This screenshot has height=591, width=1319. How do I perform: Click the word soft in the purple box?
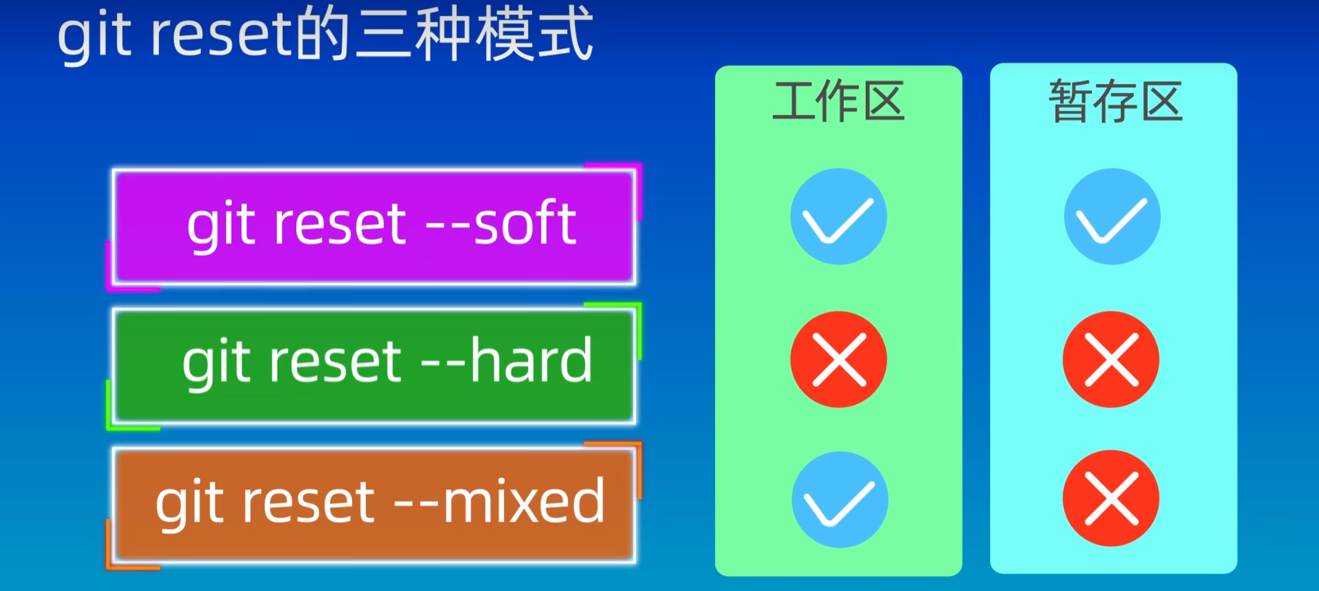pos(525,223)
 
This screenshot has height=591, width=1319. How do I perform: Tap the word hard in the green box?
pos(531,360)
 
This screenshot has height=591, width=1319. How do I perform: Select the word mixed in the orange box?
pos(524,500)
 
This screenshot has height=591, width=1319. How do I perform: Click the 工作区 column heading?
pos(838,102)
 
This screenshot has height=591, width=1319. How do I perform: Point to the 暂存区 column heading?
pos(1115,102)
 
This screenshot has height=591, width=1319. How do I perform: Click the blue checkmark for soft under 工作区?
pos(838,217)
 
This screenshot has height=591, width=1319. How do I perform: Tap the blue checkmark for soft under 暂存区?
pos(1112,217)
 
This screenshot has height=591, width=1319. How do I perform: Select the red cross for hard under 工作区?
pos(838,359)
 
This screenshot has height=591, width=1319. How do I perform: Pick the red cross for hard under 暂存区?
pos(1111,359)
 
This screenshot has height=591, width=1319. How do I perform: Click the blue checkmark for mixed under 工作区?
pos(839,499)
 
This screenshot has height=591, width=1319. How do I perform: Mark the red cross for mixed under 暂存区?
pos(1111,498)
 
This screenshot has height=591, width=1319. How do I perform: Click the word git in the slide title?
pos(94,36)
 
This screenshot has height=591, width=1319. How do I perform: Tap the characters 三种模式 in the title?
pos(474,33)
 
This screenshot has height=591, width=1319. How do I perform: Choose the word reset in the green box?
pos(335,362)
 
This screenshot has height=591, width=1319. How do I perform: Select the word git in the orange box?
pos(189,502)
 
